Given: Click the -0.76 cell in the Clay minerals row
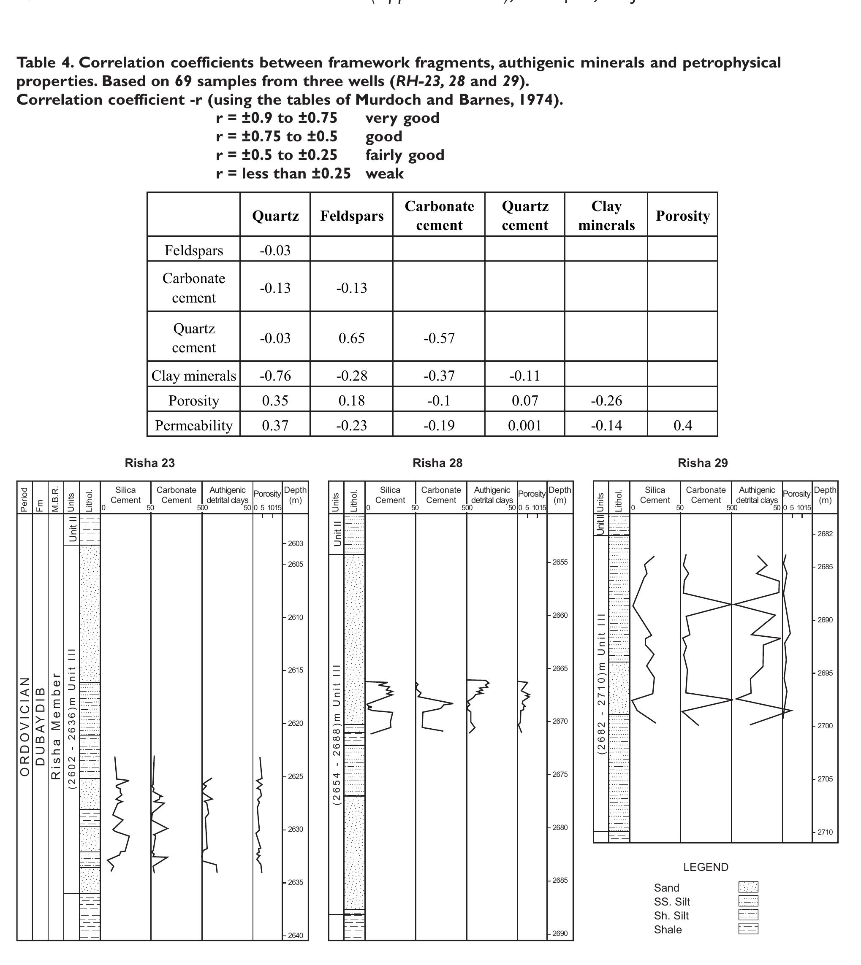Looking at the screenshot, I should tap(275, 376).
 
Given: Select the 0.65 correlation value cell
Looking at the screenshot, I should tap(351, 338).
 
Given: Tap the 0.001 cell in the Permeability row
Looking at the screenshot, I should tap(524, 425).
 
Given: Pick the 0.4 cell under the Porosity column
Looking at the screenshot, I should tap(683, 425).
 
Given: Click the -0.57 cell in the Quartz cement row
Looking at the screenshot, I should tap(439, 338).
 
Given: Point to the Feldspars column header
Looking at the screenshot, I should tap(351, 216).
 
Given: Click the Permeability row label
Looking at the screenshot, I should tap(193, 425).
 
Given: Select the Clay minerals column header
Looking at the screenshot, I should tap(606, 216).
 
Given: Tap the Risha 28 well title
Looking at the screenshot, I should tap(437, 463).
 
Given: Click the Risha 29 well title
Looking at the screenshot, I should tap(703, 463).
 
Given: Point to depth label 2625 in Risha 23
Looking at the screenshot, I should tap(295, 776).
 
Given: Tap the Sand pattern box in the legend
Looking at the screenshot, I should tap(748, 887).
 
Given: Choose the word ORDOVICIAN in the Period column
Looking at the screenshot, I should tap(24, 726).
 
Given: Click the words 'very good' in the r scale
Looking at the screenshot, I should tap(402, 118).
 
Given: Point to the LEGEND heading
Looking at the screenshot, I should tap(705, 867).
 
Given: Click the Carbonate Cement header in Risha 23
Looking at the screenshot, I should tap(176, 495).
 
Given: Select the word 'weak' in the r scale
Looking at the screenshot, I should tap(384, 173).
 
